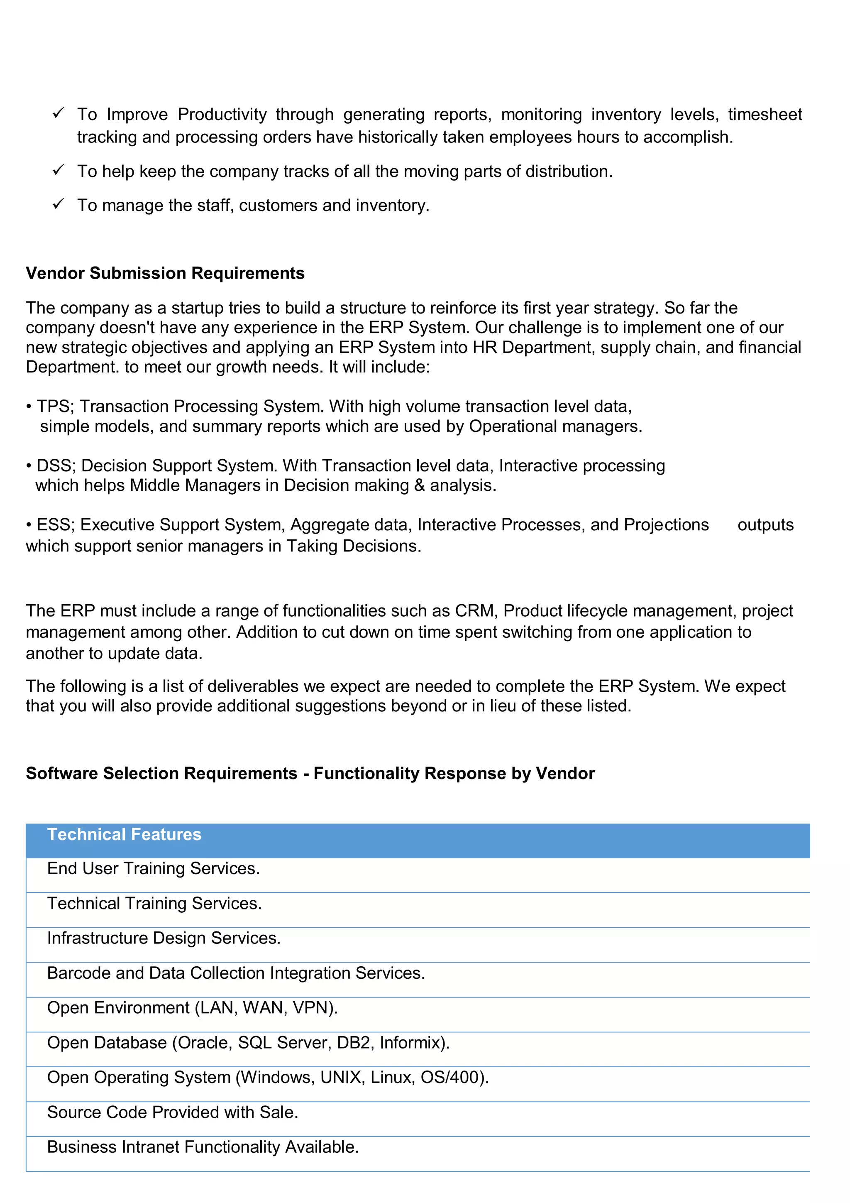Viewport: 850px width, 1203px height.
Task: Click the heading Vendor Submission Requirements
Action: [165, 274]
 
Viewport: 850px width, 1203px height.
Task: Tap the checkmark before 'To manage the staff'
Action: [58, 203]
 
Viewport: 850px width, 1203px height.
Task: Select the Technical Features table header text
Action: [124, 834]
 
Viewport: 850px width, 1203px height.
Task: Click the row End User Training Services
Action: [154, 868]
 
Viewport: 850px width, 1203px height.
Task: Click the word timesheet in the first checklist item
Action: [765, 114]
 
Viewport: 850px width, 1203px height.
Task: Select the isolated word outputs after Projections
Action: [765, 525]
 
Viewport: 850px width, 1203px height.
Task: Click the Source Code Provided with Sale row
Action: [172, 1112]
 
